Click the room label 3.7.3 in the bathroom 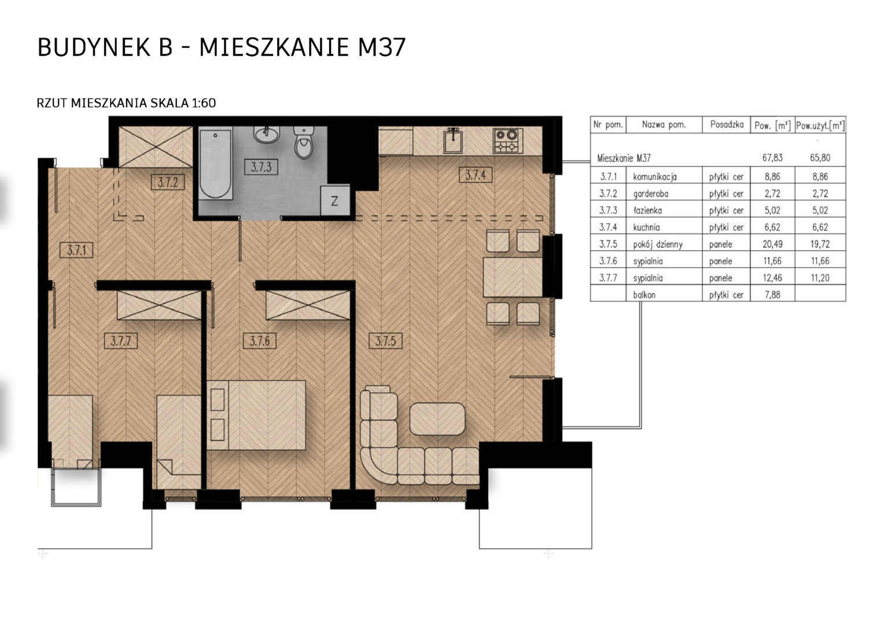(261, 167)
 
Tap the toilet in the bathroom (304, 142)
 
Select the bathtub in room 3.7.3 (215, 163)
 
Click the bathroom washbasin (267, 134)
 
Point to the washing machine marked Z (335, 201)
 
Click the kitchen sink (453, 141)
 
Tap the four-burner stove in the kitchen (507, 141)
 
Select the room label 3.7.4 (476, 175)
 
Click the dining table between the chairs (513, 277)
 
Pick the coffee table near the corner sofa (437, 418)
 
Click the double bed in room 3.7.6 (256, 415)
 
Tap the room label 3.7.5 (385, 341)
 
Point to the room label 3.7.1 (76, 250)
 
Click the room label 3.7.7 (121, 341)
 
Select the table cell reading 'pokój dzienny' (657, 244)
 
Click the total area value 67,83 (772, 158)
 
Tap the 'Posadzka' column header (727, 125)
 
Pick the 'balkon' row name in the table (644, 295)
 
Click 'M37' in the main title (382, 47)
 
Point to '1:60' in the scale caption (204, 103)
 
